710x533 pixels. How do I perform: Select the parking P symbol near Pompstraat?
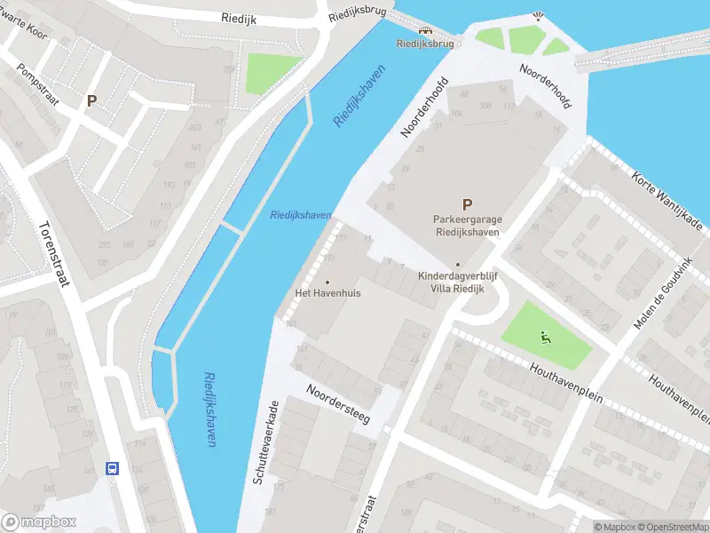pos(91,101)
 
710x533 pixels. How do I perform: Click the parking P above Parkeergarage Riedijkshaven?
pos(467,204)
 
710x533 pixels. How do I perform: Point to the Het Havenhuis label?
pos(327,292)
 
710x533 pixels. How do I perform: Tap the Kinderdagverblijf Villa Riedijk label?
pos(457,282)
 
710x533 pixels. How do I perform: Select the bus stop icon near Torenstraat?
pos(113,467)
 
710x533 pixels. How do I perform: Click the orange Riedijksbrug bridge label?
pos(425,43)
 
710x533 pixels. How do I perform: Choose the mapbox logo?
pos(38,521)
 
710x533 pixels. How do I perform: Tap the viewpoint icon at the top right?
pos(536,15)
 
